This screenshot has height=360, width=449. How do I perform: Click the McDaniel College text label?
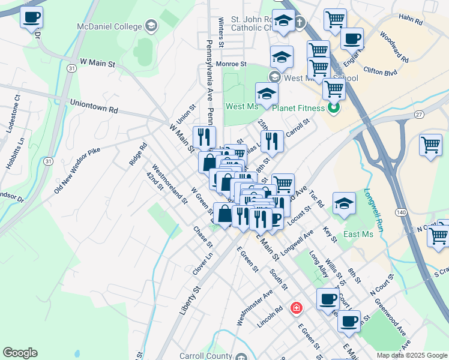109,26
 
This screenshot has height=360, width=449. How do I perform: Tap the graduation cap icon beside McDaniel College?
151,26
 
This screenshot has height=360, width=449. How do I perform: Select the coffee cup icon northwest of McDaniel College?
32,17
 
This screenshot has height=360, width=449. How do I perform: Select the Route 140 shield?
402,212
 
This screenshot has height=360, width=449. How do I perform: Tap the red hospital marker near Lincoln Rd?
296,308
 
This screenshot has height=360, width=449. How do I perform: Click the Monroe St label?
231,64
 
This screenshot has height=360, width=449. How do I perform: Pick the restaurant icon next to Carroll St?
272,141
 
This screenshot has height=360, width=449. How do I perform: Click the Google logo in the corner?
20,353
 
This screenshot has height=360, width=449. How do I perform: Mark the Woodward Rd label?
394,48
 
